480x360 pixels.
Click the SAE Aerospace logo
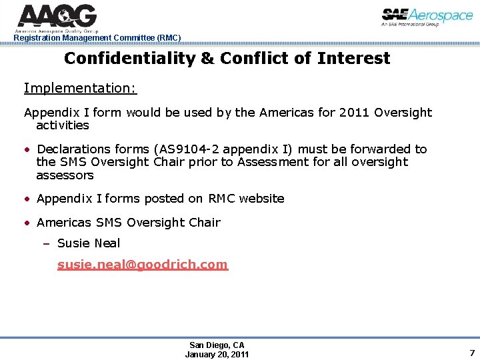(x=427, y=17)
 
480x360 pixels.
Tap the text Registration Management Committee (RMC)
(x=97, y=38)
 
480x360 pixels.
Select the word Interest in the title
(x=353, y=59)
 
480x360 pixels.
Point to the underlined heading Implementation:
(x=80, y=89)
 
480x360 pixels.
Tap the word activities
(x=63, y=125)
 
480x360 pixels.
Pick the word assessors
(x=65, y=175)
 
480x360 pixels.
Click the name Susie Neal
(x=89, y=243)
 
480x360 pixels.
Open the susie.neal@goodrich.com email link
(x=143, y=265)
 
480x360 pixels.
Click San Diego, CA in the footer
(x=217, y=345)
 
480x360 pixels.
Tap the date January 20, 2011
(x=217, y=354)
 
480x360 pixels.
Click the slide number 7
(x=471, y=353)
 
